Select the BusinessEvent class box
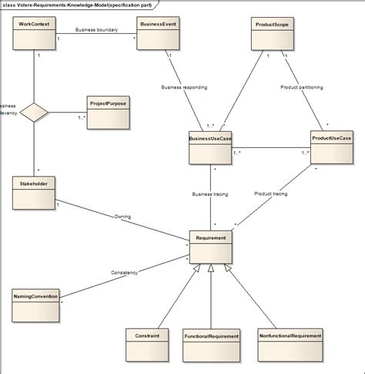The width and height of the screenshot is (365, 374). click(159, 35)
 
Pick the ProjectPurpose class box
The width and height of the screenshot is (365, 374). click(107, 113)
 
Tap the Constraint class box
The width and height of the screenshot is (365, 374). click(146, 345)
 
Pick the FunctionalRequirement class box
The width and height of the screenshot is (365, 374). click(210, 345)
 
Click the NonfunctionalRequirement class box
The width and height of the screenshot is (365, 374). click(289, 345)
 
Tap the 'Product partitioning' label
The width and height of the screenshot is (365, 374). click(303, 86)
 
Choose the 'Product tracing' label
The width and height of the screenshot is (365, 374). click(270, 194)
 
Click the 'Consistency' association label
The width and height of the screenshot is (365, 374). click(125, 273)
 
